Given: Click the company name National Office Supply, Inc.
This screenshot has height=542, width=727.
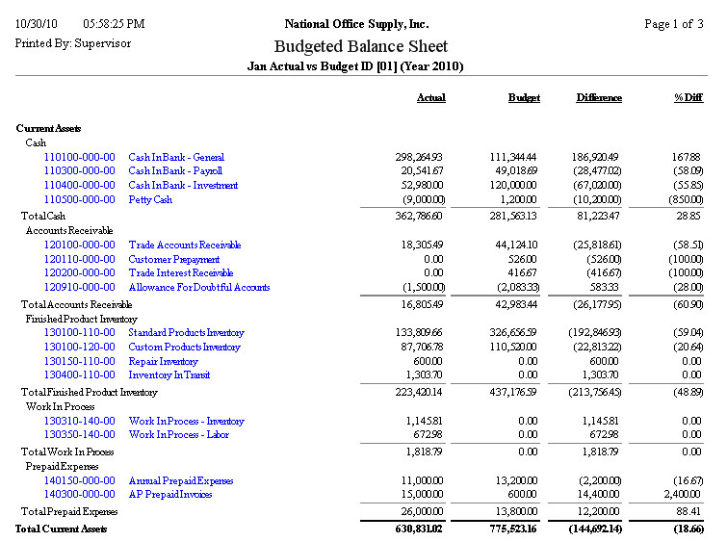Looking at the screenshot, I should [357, 24].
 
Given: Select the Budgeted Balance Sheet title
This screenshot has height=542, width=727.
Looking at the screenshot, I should [361, 46].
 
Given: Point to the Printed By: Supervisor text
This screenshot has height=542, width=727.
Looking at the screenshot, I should [73, 43].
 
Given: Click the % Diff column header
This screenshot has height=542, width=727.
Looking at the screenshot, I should [688, 98].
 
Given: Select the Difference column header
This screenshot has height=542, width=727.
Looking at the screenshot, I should [599, 98].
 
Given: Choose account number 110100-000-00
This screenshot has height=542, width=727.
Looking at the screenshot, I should [80, 157].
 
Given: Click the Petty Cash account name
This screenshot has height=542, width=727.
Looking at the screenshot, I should [150, 199].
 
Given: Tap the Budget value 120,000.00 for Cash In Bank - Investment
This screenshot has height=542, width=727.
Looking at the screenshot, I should [514, 185].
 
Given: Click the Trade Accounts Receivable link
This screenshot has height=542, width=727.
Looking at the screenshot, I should [185, 245].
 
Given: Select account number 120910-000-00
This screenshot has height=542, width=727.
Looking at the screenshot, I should [80, 287].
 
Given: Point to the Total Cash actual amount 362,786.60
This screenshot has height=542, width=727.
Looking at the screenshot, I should [415, 217].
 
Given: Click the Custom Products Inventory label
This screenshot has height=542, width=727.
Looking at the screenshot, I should [185, 347].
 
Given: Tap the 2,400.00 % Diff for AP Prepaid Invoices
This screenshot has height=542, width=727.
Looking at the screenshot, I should [682, 495].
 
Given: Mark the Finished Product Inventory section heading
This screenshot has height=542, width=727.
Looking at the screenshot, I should [82, 319].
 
